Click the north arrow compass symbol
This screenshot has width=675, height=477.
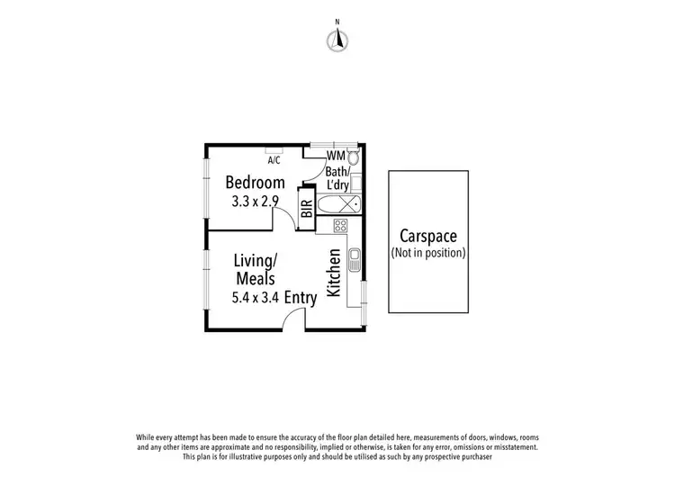[x=338, y=38]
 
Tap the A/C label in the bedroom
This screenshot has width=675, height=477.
[x=274, y=160]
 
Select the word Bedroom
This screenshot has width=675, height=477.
[x=255, y=183]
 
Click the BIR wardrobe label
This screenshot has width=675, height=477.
[x=306, y=209]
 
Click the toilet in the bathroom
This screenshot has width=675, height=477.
[x=353, y=159]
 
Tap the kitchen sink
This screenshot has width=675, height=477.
[x=354, y=261]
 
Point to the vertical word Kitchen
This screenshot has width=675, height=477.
[x=333, y=273]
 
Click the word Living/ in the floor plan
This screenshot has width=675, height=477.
[x=256, y=259]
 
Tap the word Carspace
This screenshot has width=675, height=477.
[x=427, y=237]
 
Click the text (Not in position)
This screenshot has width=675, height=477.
[x=427, y=253]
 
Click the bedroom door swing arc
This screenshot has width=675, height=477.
[x=283, y=216]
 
